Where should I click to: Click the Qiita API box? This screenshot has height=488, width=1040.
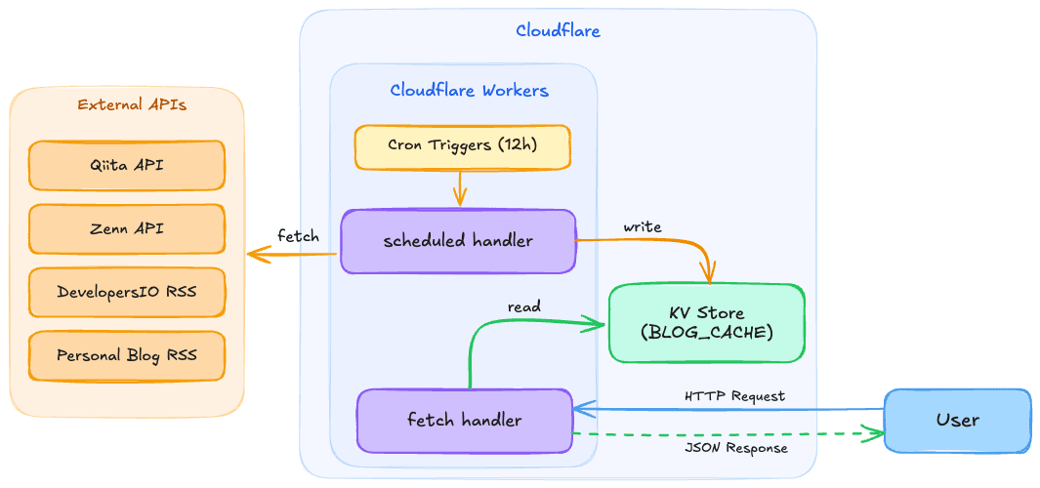click(127, 166)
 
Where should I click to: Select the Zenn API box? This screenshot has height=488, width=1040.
click(127, 229)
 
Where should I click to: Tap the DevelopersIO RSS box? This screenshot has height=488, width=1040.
click(127, 293)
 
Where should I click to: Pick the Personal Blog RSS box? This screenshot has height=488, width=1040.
click(127, 355)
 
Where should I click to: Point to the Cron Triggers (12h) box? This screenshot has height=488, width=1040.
click(462, 145)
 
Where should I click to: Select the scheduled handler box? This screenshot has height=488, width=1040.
click(458, 241)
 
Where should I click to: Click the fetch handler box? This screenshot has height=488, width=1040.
click(464, 421)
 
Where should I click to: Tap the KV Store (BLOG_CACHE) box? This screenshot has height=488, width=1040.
click(706, 323)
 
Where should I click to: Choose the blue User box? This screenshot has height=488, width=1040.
click(957, 420)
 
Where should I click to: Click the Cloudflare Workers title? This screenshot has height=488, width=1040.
click(469, 91)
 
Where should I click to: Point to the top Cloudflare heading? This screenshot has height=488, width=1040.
click(558, 31)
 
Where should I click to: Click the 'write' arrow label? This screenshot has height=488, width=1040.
click(643, 226)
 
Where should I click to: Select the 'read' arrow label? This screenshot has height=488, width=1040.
click(523, 306)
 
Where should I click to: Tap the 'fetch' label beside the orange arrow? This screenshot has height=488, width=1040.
click(298, 236)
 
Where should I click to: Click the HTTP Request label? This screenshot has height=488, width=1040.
click(734, 396)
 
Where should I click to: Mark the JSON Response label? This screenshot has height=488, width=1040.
click(735, 448)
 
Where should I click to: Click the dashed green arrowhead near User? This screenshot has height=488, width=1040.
click(871, 433)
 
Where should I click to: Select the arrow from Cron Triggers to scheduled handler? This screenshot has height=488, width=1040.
click(459, 188)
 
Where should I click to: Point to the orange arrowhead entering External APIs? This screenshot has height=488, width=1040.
click(256, 255)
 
